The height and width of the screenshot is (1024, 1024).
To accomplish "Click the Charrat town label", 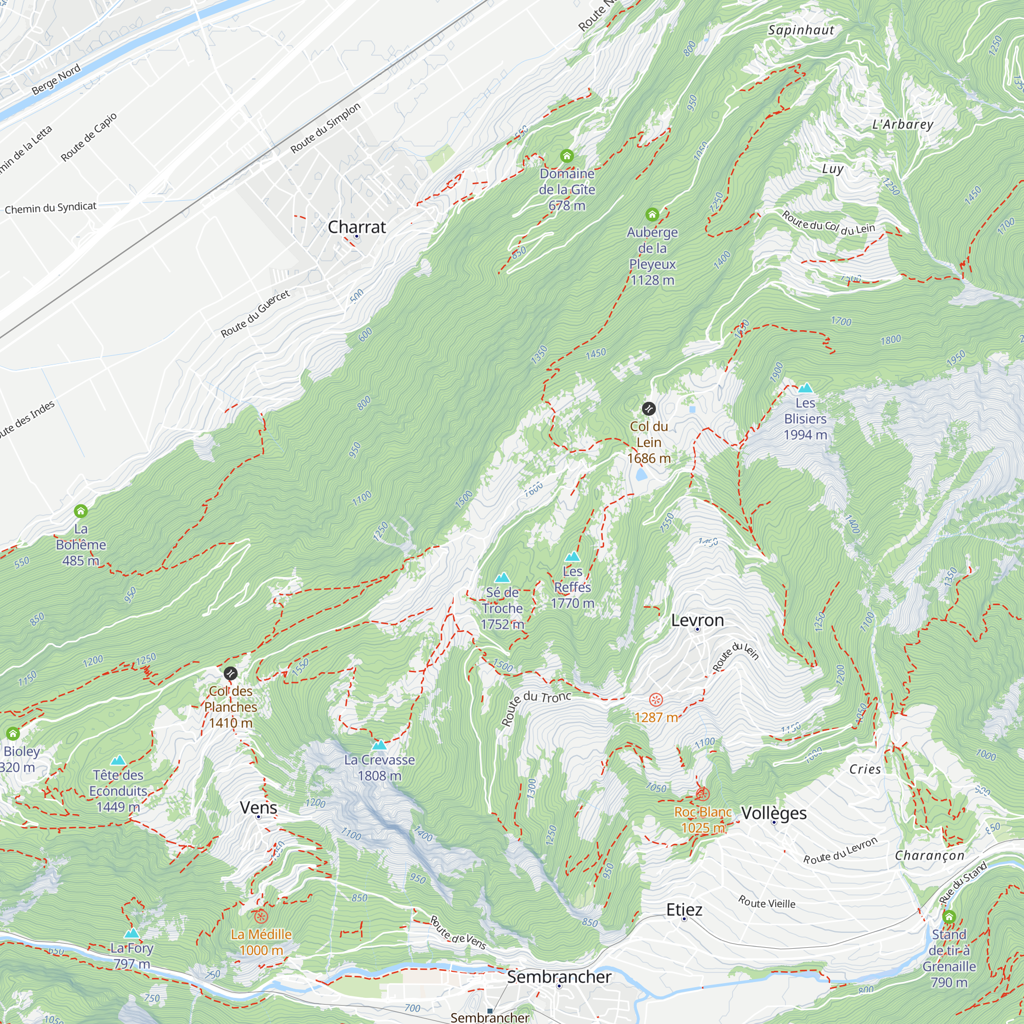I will (357, 227).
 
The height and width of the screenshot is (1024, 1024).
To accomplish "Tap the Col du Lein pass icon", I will (649, 409).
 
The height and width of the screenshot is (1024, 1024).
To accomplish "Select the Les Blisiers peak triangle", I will (805, 388).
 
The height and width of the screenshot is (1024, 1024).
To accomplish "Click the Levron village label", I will (697, 620).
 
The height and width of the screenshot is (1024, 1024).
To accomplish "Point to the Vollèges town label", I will (774, 813).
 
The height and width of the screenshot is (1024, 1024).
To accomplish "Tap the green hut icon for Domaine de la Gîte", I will (567, 156).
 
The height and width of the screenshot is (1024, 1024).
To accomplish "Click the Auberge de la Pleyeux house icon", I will (652, 215).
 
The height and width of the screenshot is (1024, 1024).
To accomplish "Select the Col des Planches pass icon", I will (230, 674).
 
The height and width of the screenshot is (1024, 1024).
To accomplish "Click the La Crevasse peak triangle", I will (379, 745).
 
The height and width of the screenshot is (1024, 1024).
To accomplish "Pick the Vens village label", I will (258, 808).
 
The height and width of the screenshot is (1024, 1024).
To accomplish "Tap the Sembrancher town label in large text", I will (559, 977).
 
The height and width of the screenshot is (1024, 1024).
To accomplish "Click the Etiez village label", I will (684, 909).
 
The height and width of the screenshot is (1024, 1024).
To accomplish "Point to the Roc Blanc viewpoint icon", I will (702, 794).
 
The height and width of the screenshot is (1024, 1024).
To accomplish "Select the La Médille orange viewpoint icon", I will (261, 916).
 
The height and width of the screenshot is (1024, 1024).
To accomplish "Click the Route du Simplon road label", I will (326, 127).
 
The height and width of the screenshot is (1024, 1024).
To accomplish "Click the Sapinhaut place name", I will (801, 30).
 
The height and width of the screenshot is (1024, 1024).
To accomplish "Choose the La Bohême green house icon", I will (80, 511).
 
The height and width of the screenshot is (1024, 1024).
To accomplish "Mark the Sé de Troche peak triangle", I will (502, 578).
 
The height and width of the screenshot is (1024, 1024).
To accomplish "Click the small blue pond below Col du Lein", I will (642, 473).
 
